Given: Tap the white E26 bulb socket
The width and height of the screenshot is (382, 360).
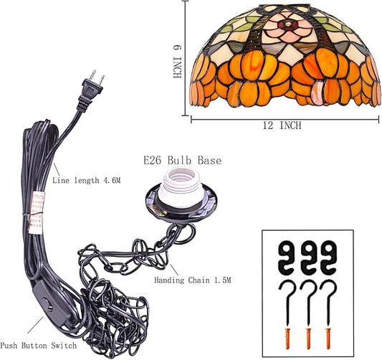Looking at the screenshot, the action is click(x=181, y=187).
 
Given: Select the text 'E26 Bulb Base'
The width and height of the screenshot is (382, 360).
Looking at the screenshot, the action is click(x=183, y=161).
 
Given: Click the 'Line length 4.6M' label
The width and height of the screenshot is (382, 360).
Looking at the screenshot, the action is click(x=87, y=181).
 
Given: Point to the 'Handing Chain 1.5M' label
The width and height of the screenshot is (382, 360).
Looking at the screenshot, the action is click(x=193, y=280).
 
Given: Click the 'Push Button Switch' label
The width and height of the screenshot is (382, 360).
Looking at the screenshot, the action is click(x=38, y=346).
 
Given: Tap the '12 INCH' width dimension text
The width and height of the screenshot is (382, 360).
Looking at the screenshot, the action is click(x=282, y=125).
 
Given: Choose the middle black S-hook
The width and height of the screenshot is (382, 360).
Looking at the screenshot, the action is click(x=309, y=257).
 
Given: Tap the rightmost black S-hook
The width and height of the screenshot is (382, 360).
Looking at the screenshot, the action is click(x=330, y=257).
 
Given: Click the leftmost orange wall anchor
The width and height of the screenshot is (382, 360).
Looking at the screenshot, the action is click(x=287, y=338).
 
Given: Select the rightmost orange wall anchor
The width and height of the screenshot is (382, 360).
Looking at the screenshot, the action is click(x=328, y=338).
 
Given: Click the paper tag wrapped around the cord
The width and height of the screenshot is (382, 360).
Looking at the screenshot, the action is click(x=36, y=212).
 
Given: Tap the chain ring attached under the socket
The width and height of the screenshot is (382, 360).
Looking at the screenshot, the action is click(x=186, y=233).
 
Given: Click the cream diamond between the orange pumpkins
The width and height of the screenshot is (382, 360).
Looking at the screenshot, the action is click(x=290, y=55).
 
